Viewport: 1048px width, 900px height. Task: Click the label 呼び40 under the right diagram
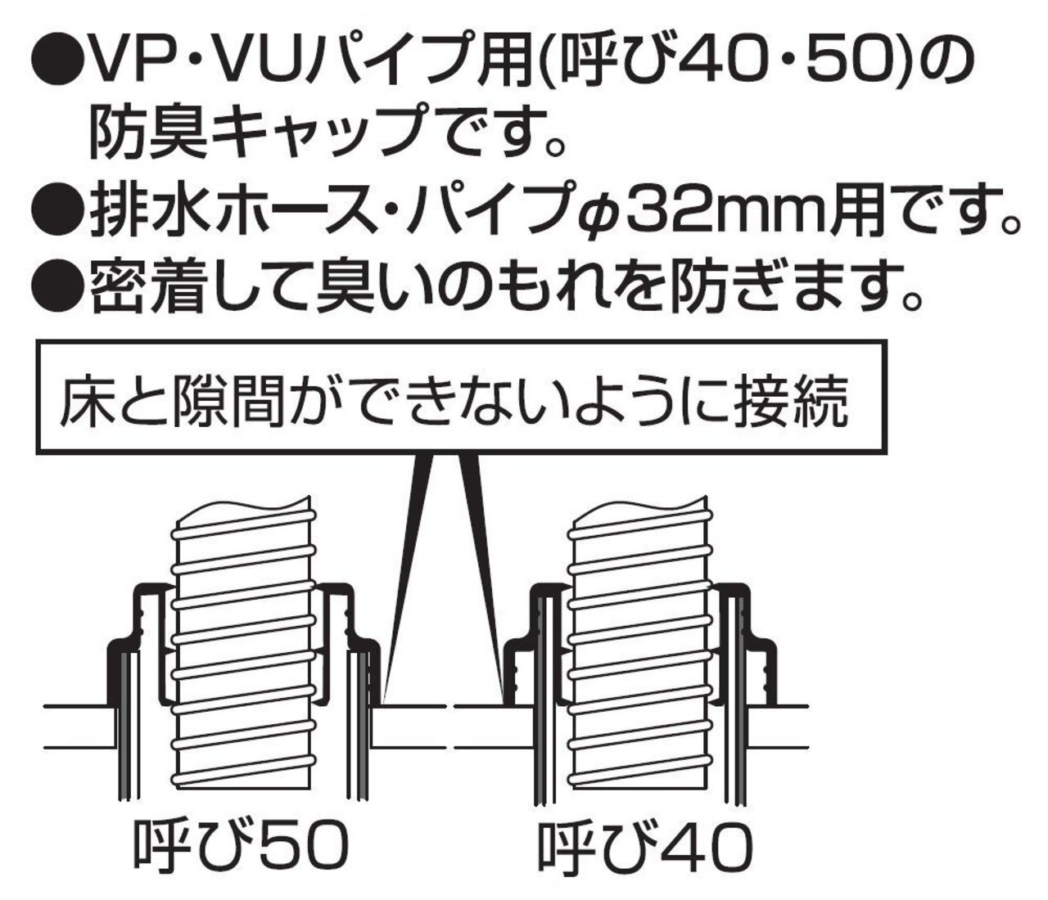pyautogui.click(x=644, y=847)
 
